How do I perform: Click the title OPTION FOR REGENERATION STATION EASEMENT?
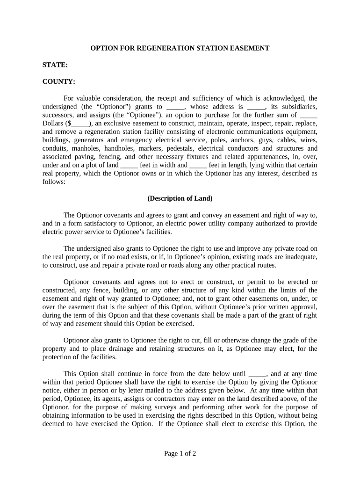point(180,48)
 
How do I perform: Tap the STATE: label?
point(55,65)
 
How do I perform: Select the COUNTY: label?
point(59,81)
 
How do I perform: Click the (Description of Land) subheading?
point(180,198)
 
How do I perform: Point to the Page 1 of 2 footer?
point(180,453)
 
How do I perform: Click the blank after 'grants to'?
point(173,107)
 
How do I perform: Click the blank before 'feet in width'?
point(129,166)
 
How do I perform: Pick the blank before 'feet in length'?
point(199,166)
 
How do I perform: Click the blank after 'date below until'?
point(258,374)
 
